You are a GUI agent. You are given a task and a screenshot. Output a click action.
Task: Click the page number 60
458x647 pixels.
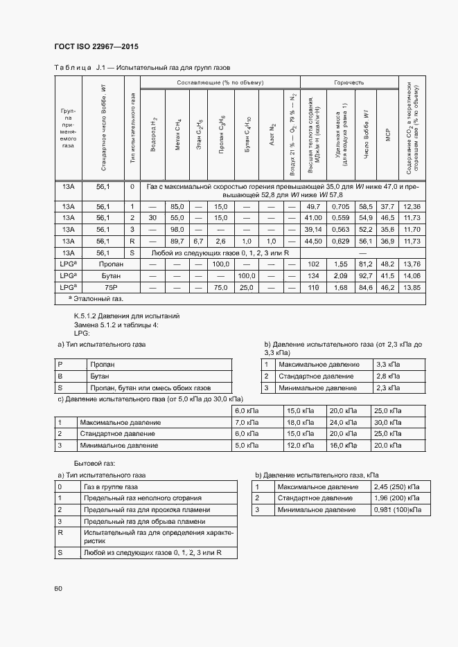coord(58,588)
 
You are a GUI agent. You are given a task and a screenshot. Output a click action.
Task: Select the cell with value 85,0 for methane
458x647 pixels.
coord(177,207)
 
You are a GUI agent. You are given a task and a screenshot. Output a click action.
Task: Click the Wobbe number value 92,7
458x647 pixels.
coord(366,276)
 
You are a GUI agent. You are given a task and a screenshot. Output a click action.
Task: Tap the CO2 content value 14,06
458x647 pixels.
coord(412,276)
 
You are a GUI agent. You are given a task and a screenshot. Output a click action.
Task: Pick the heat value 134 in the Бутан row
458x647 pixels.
coord(313,276)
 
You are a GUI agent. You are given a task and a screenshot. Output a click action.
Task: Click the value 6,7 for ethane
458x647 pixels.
coord(198,241)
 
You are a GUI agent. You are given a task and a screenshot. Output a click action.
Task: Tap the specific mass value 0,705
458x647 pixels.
coord(340,207)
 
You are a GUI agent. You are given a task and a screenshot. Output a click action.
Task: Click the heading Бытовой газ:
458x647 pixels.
coord(94,462)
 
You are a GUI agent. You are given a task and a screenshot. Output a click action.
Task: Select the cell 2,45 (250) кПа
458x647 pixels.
coord(396,486)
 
